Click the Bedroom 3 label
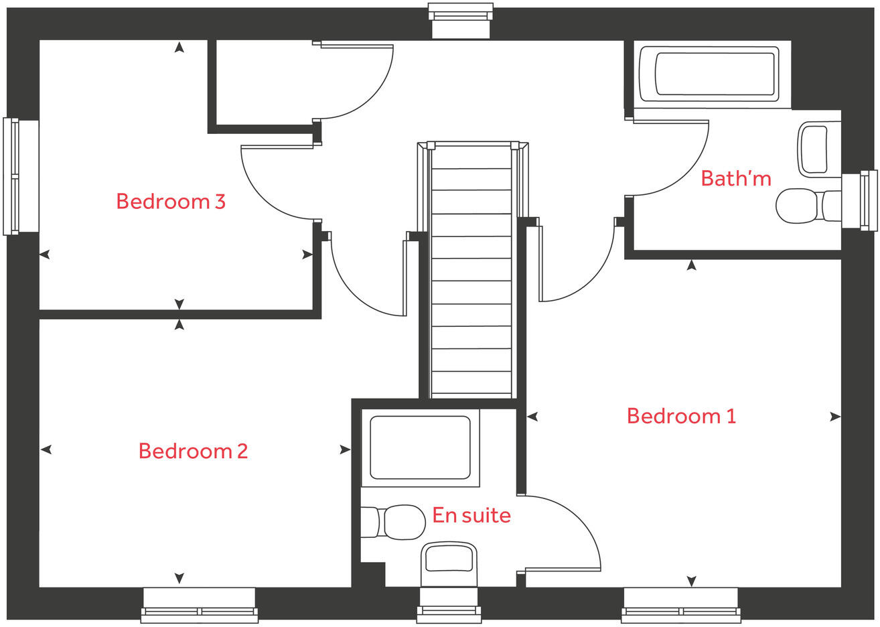click(x=170, y=201)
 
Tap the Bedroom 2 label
click(x=193, y=451)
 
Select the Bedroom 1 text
click(x=681, y=416)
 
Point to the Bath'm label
click(x=735, y=178)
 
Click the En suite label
click(x=471, y=515)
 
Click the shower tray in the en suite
click(x=420, y=447)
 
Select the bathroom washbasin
click(x=817, y=149)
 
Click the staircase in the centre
click(x=471, y=275)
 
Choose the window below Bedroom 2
click(x=199, y=605)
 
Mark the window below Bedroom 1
click(x=680, y=605)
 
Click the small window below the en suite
click(x=449, y=605)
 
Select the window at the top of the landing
click(x=461, y=20)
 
